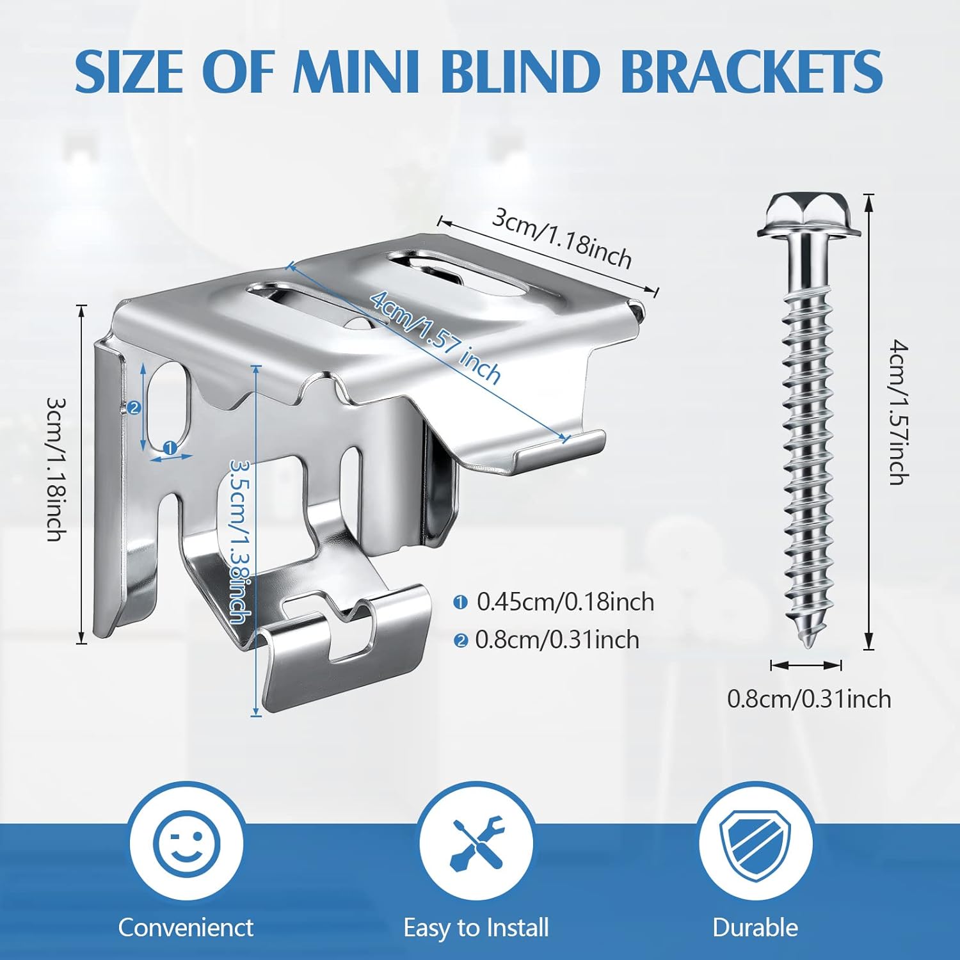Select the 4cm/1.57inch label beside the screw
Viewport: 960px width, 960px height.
pyautogui.click(x=899, y=413)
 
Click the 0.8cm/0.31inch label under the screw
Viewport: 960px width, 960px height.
pyautogui.click(x=809, y=699)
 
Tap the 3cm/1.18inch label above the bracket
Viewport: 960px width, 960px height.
pyautogui.click(x=561, y=238)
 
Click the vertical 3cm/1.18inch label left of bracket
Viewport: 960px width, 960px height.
pyautogui.click(x=56, y=469)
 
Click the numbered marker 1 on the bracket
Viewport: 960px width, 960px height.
pyautogui.click(x=170, y=449)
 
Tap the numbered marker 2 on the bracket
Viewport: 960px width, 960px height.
pyautogui.click(x=134, y=408)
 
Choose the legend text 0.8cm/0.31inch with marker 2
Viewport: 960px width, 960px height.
pyautogui.click(x=557, y=640)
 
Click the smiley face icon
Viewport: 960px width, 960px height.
pyautogui.click(x=186, y=841)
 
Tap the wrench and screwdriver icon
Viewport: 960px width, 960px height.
pyautogui.click(x=476, y=841)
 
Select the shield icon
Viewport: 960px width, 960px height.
pyautogui.click(x=755, y=841)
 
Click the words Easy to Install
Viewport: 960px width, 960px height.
pyautogui.click(x=476, y=927)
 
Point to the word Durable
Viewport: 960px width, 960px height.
pyautogui.click(x=755, y=927)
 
